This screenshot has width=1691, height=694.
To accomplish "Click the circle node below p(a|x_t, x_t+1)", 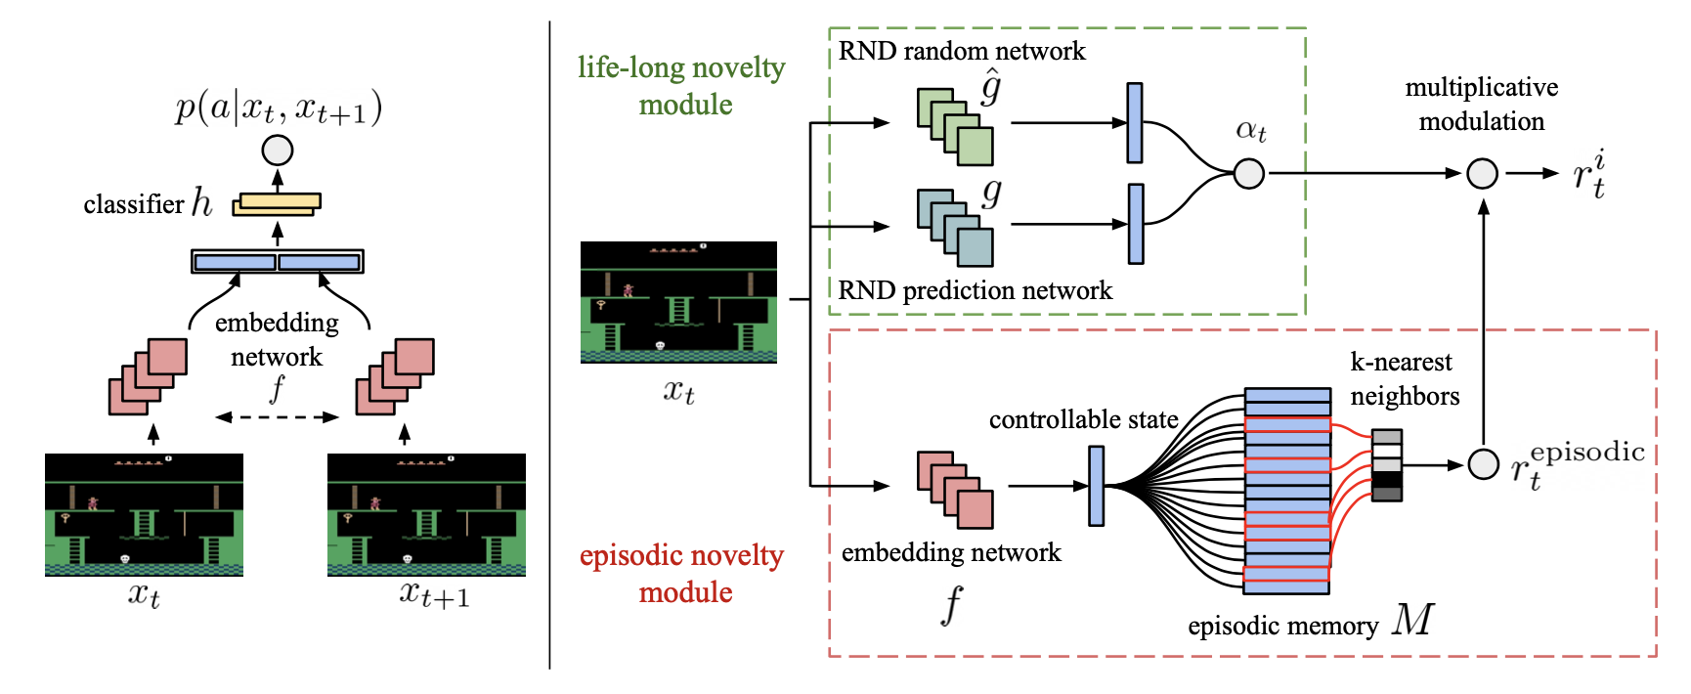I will coord(278,151).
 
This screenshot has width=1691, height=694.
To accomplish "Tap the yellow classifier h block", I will coord(277,204).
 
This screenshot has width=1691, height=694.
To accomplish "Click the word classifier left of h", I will coord(134,204).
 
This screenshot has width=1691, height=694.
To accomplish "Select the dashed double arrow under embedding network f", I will coord(277,417).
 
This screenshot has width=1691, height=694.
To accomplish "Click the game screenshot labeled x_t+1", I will coord(426,514).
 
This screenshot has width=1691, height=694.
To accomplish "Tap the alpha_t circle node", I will coord(1249,174).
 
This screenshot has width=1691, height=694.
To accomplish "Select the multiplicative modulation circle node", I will coord(1483,174).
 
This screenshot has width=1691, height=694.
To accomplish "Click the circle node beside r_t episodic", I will coord(1484,465).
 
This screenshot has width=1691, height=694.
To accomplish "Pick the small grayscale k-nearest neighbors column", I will coord(1387,465).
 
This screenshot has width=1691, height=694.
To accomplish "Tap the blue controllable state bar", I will coord(1097,486).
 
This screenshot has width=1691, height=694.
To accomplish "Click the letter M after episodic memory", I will coord(1413,620).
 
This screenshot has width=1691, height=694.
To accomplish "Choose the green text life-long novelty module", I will coord(682,86).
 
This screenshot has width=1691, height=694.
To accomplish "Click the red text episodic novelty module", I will coord(682,574).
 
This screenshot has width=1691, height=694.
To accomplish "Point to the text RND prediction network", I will coord(975,290).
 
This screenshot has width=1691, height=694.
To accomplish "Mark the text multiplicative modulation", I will coord(1482,105).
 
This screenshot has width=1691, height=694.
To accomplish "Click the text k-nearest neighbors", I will coord(1405,379).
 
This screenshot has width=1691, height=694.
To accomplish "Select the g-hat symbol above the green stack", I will coord(991,88).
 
